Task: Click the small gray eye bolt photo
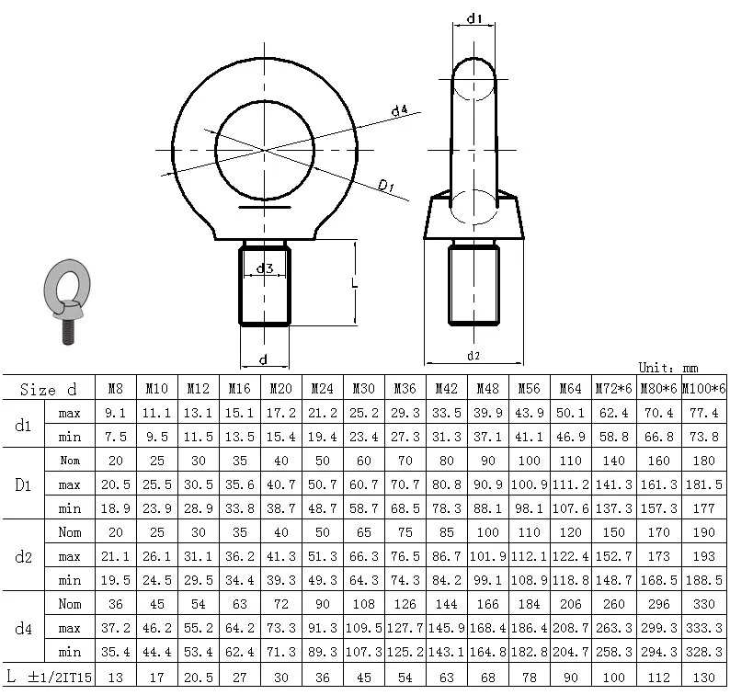coord(65,301)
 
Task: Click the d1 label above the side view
coord(475,17)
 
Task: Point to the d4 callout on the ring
coord(399,111)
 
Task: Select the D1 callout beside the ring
coord(386,187)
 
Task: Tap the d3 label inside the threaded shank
coord(264,268)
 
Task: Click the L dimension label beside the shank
coord(354,283)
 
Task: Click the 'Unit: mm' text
coord(668,367)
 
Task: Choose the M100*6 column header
coord(703,390)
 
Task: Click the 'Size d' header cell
coord(48,390)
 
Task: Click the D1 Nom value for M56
coord(528,461)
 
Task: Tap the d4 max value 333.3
coord(703,628)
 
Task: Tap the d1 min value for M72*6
coord(612,437)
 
